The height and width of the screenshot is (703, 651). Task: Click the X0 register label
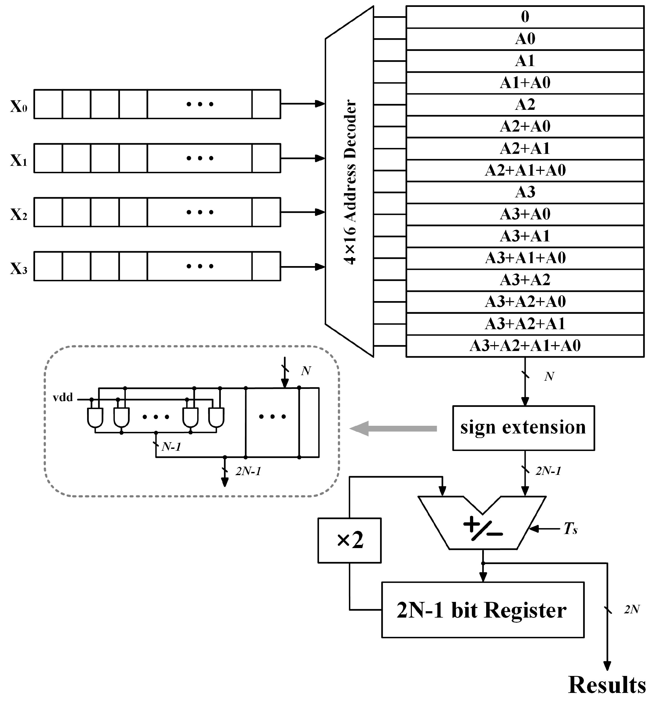pos(19,106)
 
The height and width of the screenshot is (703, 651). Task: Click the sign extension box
pos(523,428)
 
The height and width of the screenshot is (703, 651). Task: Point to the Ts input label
pos(570,529)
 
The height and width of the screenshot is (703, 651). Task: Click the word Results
pos(607,685)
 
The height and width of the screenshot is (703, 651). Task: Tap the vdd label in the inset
pos(63,398)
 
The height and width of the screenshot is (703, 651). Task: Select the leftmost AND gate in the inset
pos(95,417)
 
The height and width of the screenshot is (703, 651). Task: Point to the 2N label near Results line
pos(631,609)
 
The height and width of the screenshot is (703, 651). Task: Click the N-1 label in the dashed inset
pos(171,447)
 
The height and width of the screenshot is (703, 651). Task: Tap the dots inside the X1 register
pos(200,158)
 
